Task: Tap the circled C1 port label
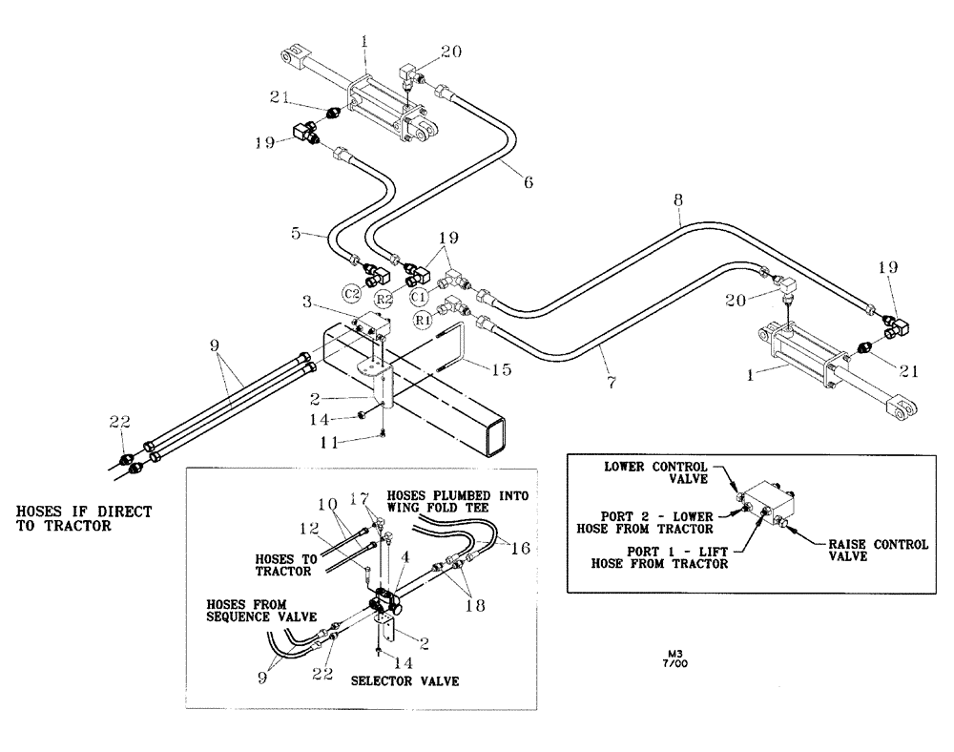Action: click(x=419, y=295)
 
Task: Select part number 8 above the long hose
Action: click(x=678, y=202)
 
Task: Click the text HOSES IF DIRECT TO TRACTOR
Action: click(x=84, y=519)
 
